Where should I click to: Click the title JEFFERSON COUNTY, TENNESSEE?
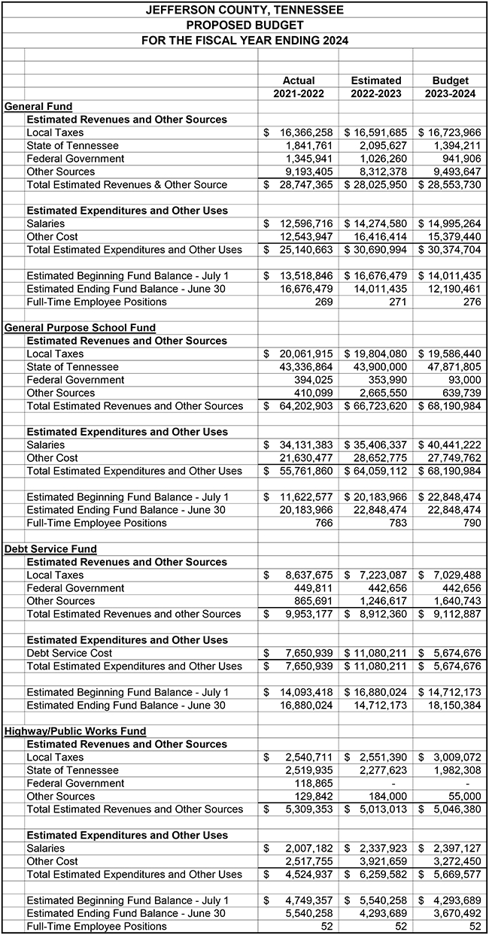(x=244, y=10)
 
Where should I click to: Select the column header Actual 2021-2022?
(x=299, y=87)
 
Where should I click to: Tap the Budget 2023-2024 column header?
(x=450, y=87)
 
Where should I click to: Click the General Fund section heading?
(x=38, y=107)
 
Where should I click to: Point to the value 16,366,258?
(x=304, y=132)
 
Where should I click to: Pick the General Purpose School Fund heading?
(x=80, y=328)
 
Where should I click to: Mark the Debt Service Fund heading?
(x=50, y=549)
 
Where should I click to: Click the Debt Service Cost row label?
(x=69, y=653)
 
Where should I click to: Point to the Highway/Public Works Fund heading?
(x=75, y=731)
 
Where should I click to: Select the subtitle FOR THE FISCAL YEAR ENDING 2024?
(x=244, y=39)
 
